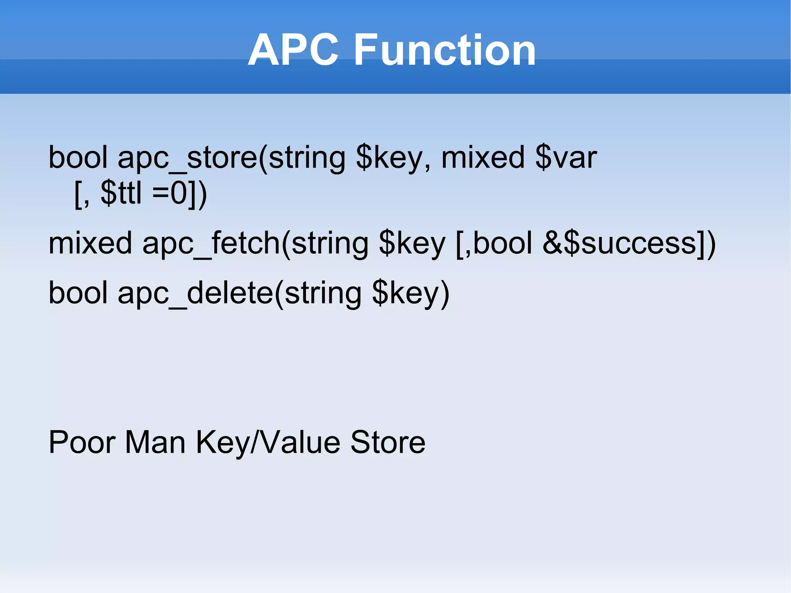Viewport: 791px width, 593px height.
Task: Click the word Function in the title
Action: [x=445, y=50]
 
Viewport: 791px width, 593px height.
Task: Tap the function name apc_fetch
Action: [x=211, y=243]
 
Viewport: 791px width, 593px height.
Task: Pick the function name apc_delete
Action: [x=195, y=293]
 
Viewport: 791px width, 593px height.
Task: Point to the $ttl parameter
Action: [x=121, y=193]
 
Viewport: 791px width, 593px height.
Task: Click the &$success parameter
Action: [x=620, y=243]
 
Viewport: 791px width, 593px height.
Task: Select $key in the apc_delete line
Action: [x=406, y=293]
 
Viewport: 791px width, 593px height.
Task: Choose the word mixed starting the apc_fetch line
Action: [x=90, y=243]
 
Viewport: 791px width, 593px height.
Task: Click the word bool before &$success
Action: [x=502, y=243]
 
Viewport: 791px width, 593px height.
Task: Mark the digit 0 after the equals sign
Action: [x=179, y=193]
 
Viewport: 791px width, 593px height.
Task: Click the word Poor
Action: [x=81, y=442]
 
